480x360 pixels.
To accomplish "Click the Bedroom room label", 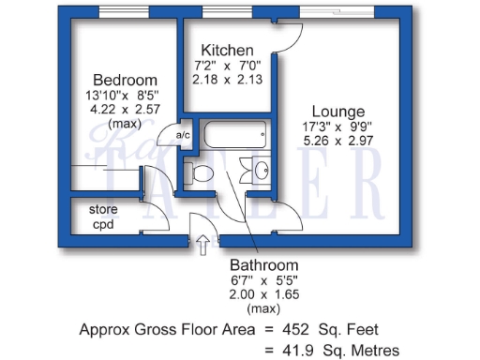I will (x=124, y=80).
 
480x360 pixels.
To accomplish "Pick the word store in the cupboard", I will (x=103, y=209).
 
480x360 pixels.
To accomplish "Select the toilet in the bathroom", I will (x=200, y=172).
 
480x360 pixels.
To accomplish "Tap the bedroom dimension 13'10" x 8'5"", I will (x=124, y=94).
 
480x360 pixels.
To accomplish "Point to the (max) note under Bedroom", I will (x=124, y=123).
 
